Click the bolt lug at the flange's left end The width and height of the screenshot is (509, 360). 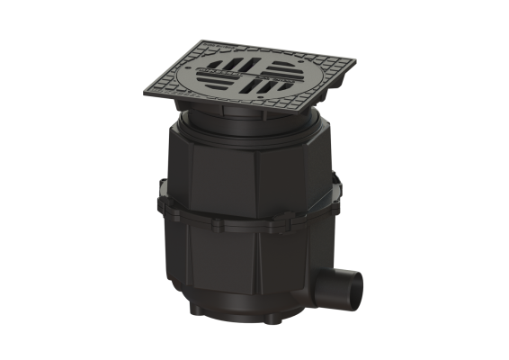(x=164, y=192)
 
